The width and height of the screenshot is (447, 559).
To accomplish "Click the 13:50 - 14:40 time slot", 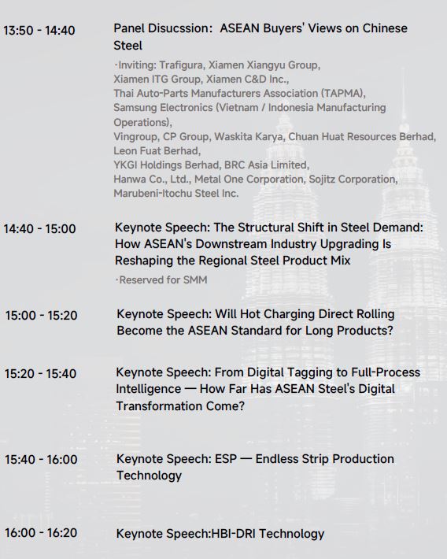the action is [39, 30].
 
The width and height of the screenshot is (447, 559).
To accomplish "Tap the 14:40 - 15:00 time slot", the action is [39, 228].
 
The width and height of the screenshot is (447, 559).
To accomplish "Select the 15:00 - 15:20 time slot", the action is [42, 315].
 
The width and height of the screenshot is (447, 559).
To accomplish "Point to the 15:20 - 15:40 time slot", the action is [40, 374].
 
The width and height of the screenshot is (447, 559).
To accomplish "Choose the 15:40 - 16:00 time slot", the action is [41, 459].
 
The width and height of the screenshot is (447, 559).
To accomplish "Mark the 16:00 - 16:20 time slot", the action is [41, 532].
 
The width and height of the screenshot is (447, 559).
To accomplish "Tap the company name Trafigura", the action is [181, 65].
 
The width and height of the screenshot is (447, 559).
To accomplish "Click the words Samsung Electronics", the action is [163, 108].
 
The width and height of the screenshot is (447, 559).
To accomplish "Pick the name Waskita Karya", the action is [249, 137].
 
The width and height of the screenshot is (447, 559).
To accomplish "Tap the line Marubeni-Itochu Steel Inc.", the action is [176, 193].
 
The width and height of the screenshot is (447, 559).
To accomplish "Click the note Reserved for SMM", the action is [163, 279].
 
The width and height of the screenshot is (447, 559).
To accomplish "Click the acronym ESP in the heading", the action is [226, 459].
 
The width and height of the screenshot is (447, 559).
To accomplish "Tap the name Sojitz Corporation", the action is [353, 179].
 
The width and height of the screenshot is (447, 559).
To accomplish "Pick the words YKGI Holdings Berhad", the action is [166, 165].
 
